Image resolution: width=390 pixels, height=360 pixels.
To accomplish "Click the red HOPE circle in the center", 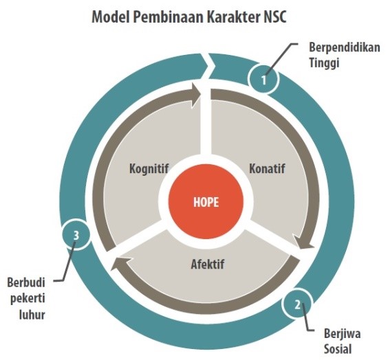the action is [206, 201].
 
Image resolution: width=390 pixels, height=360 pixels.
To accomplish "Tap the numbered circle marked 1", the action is [263, 79].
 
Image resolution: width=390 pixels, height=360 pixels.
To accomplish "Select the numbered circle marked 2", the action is [297, 304].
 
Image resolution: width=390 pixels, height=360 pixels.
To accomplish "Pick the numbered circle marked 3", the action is [76, 235].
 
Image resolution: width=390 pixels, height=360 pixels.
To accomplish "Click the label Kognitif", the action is [149, 169].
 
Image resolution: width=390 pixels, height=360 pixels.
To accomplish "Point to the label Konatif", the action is [267, 168].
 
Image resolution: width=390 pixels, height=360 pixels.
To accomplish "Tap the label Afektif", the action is [208, 264].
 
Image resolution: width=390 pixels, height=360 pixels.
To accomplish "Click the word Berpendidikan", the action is [345, 47].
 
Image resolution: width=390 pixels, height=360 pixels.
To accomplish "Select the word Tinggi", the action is [324, 63].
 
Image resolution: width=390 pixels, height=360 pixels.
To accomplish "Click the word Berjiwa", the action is [343, 334].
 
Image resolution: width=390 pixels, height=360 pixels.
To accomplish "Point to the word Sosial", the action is [338, 349].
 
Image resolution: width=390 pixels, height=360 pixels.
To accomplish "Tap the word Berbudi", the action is [26, 282].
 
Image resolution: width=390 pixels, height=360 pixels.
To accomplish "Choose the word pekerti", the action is [28, 298].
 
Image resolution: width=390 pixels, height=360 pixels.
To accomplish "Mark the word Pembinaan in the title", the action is [167, 17].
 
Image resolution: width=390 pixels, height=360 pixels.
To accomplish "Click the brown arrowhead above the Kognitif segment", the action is [196, 95].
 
